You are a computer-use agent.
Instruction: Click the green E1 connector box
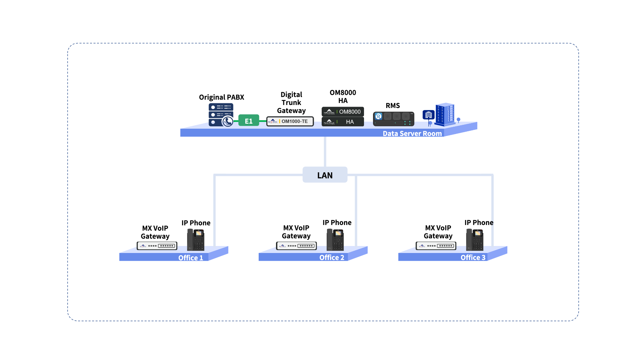pos(249,121)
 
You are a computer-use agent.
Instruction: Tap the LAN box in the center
pos(325,175)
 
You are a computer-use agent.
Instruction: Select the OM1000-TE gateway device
pos(290,121)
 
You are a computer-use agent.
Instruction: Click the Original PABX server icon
pos(221,115)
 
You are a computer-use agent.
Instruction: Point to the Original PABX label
pos(221,97)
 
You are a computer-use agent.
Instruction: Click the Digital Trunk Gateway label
pos(291,102)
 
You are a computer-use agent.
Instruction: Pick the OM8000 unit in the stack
pos(343,112)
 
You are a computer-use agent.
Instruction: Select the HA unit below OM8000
pos(343,122)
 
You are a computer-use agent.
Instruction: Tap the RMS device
pos(393,119)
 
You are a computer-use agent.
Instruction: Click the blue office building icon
pos(445,114)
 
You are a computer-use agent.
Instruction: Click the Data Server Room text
pos(412,133)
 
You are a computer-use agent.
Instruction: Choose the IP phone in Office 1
pos(196,240)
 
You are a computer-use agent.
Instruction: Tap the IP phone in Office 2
pos(335,240)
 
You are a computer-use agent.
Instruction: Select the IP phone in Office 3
pos(475,240)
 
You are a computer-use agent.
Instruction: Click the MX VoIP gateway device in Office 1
pos(157,246)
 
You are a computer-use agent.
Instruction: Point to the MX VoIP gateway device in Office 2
pos(296,246)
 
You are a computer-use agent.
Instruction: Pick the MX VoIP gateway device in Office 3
pos(436,246)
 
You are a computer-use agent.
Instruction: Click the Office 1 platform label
pos(190,258)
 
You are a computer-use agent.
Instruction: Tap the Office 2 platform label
pos(332,257)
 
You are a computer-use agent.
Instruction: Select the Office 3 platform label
pos(473,257)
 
